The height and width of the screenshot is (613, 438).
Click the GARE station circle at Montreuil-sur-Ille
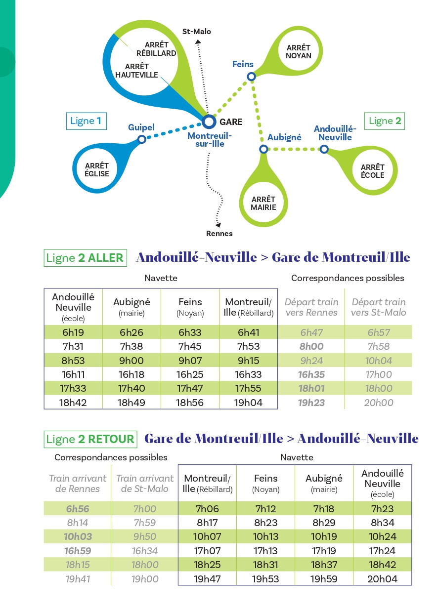coord(209,121)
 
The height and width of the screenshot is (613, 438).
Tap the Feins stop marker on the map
coord(251,76)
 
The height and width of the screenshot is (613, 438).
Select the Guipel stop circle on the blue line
coord(142,139)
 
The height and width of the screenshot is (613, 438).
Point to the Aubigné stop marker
coord(263,149)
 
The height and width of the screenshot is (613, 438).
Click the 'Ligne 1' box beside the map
coord(86,121)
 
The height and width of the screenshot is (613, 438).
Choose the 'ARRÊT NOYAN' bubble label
coord(299,51)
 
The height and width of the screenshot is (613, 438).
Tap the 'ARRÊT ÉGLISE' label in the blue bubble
coord(97,170)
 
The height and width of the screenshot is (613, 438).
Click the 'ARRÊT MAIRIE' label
coord(263,203)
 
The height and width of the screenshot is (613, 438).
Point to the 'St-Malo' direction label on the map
coord(197,32)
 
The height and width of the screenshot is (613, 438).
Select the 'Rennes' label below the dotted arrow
coord(219,234)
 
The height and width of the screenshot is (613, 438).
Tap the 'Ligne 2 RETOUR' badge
coord(90,439)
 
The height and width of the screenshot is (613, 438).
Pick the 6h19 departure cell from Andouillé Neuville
coord(73,332)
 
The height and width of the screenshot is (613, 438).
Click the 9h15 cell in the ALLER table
coord(249,361)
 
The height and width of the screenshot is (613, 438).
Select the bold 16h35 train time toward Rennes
coord(311,375)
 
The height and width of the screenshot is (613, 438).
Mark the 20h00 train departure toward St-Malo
coord(379,403)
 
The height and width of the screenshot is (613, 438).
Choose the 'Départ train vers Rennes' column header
coord(311,307)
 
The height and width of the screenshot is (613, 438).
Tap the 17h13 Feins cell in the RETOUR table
coord(265,550)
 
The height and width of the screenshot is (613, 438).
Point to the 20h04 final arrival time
coord(383,579)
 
